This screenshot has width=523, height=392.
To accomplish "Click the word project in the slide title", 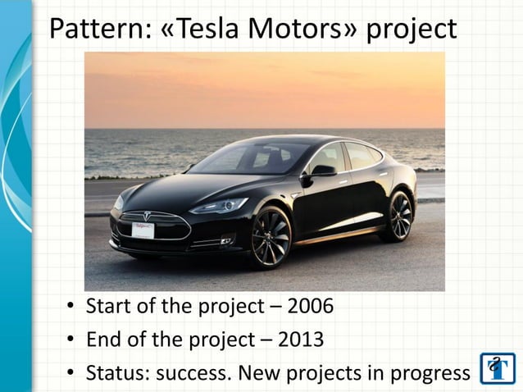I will point(411,30).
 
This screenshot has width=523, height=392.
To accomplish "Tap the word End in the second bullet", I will point(102,340).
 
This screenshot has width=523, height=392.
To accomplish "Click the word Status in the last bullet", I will point(115,373).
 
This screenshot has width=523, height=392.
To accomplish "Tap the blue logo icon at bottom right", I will point(498,369).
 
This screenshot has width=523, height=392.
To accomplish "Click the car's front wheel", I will point(271,237).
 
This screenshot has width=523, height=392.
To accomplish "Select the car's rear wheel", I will point(399,216).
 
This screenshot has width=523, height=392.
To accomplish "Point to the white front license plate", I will point(143,230).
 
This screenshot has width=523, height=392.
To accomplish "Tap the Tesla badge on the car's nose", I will point(148,216).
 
